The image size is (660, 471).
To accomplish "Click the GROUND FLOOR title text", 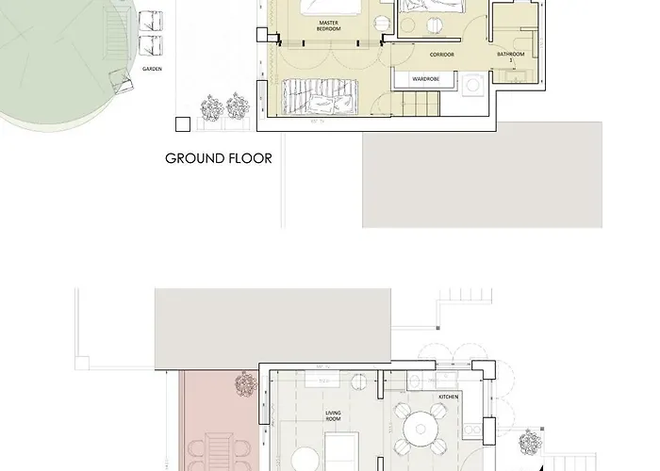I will click(219, 158).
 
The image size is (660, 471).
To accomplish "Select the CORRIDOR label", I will click(442, 55).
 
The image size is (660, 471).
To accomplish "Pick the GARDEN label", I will click(153, 69).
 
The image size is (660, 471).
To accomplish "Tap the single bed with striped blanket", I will click(321, 97).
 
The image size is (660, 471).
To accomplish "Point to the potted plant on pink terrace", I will click(245, 385).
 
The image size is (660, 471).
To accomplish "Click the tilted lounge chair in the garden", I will click(121, 81).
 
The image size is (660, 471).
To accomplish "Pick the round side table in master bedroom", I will click(383, 24).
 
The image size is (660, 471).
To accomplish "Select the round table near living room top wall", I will click(357, 382).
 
